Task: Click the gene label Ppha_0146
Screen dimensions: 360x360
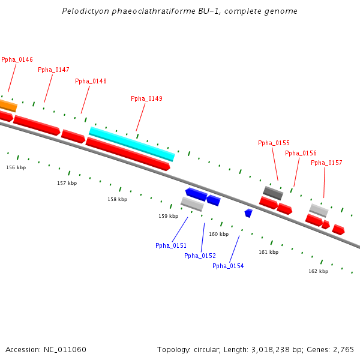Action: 17,59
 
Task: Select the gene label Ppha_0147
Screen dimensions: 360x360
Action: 53,70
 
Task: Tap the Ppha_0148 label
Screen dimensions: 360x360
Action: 91,81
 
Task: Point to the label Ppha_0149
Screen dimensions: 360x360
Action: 146,98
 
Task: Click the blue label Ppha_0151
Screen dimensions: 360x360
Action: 171,245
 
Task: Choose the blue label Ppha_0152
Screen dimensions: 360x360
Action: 200,256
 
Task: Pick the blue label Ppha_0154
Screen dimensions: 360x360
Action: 228,266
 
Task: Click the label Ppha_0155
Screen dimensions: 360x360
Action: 274,143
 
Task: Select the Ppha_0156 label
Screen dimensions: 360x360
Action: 301,153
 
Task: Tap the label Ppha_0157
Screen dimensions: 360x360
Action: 326,163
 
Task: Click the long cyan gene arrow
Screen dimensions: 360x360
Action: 132,144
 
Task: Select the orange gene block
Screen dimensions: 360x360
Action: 7,106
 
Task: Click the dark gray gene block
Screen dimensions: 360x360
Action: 273,193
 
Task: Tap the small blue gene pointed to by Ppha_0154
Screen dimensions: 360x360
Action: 248,212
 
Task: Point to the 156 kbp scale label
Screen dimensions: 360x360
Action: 16,167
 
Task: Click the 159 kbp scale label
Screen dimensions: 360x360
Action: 168,215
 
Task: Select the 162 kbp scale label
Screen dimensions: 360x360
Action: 318,271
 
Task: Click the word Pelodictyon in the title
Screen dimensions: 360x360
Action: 83,11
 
